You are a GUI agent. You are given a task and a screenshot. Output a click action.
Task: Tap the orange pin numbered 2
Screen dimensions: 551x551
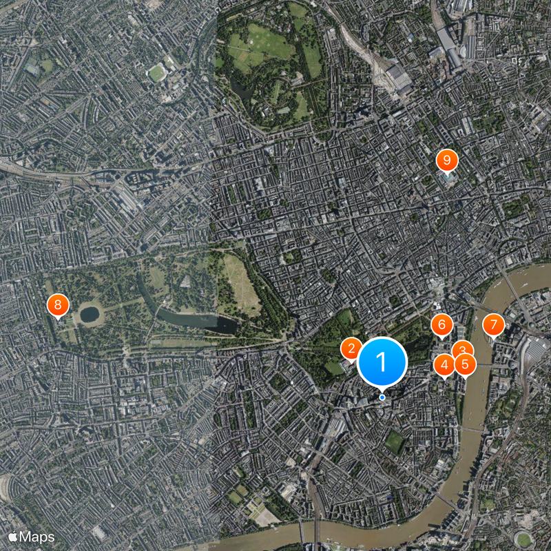351,349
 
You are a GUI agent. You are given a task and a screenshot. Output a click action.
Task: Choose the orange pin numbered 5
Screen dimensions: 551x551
466,364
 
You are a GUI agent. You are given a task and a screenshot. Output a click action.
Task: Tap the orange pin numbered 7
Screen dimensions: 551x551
493,324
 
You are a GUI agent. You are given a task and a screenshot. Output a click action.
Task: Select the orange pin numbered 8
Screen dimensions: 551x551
58,304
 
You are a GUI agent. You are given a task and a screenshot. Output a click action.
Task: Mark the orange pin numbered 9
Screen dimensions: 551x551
446,161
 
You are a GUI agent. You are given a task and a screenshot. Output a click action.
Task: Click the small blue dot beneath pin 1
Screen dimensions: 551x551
382,397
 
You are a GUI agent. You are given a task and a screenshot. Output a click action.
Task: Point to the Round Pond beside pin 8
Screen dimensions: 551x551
90,315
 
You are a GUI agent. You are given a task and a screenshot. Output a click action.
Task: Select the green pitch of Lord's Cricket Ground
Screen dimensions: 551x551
158,72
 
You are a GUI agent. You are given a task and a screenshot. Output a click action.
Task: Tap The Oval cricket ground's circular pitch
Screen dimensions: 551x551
524,539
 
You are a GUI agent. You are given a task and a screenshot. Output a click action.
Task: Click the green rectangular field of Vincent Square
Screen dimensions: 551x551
394,441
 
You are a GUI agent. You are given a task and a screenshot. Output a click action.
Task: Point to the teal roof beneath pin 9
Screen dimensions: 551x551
448,178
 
